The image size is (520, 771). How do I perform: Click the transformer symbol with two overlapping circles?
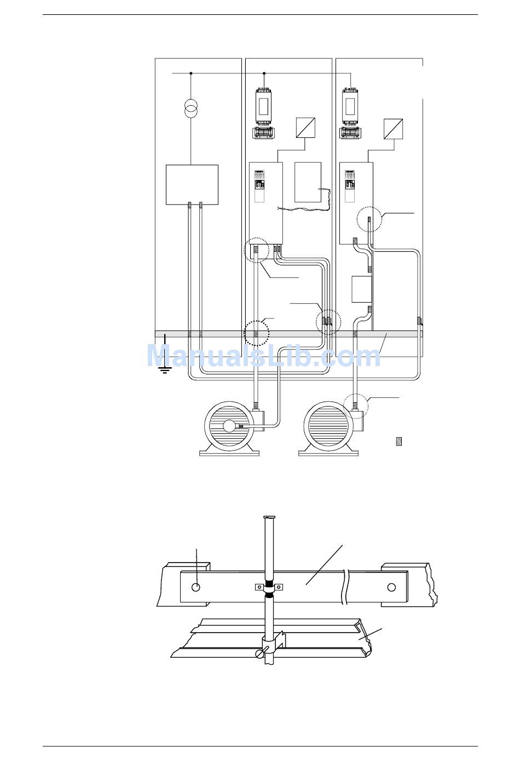190,107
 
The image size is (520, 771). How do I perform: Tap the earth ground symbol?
165,370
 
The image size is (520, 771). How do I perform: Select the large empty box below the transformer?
192,185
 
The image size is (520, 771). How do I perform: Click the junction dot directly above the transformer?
191,73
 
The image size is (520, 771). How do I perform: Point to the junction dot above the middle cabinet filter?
264,73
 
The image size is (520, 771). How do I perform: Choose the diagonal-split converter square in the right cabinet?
393,129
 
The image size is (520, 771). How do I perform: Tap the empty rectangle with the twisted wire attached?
308,182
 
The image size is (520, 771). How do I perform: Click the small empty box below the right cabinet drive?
362,289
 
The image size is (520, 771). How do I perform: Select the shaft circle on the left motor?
229,426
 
